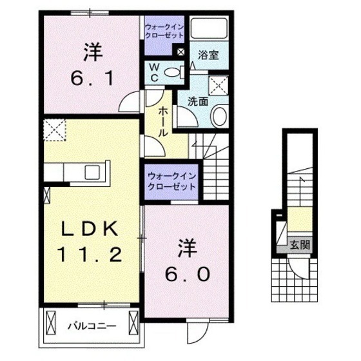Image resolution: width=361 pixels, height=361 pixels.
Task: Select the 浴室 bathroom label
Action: [208, 55]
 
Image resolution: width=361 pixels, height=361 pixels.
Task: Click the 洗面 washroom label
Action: [197, 101]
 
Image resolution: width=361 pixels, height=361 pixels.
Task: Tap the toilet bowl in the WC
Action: [172, 73]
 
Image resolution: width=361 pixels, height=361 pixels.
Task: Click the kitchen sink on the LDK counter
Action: [92, 173]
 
